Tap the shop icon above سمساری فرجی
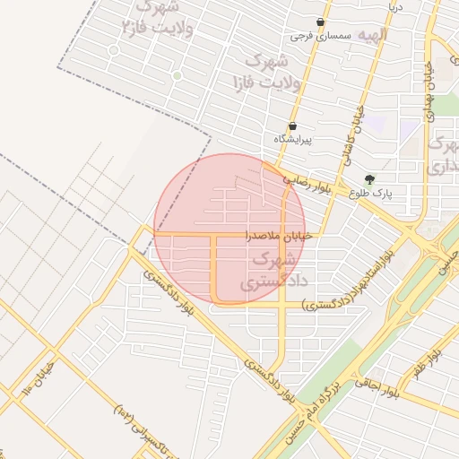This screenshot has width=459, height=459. (320, 22)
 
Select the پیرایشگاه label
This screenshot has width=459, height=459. (292, 141)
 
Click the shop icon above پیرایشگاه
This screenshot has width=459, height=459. (292, 126)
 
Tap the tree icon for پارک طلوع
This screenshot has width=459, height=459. (369, 178)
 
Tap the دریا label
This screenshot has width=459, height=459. (395, 7)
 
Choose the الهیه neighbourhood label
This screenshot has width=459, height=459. (371, 34)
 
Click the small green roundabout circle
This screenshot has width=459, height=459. (177, 76)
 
